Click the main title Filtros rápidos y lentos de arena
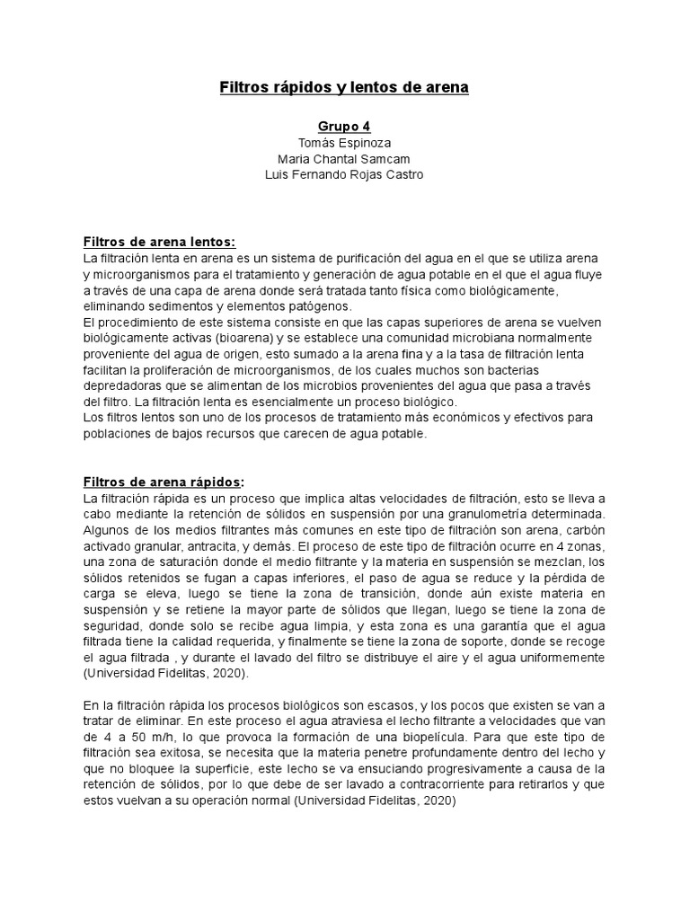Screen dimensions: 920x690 pyautogui.click(x=344, y=87)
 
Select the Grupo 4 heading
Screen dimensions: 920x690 pyautogui.click(x=344, y=127)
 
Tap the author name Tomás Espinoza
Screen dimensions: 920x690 pyautogui.click(x=344, y=143)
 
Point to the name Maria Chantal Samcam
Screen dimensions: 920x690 pyautogui.click(x=344, y=159)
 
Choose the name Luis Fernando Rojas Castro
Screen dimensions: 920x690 pyautogui.click(x=344, y=174)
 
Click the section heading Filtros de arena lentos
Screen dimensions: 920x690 pyautogui.click(x=159, y=242)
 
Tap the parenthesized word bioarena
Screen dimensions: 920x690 pyautogui.click(x=243, y=338)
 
